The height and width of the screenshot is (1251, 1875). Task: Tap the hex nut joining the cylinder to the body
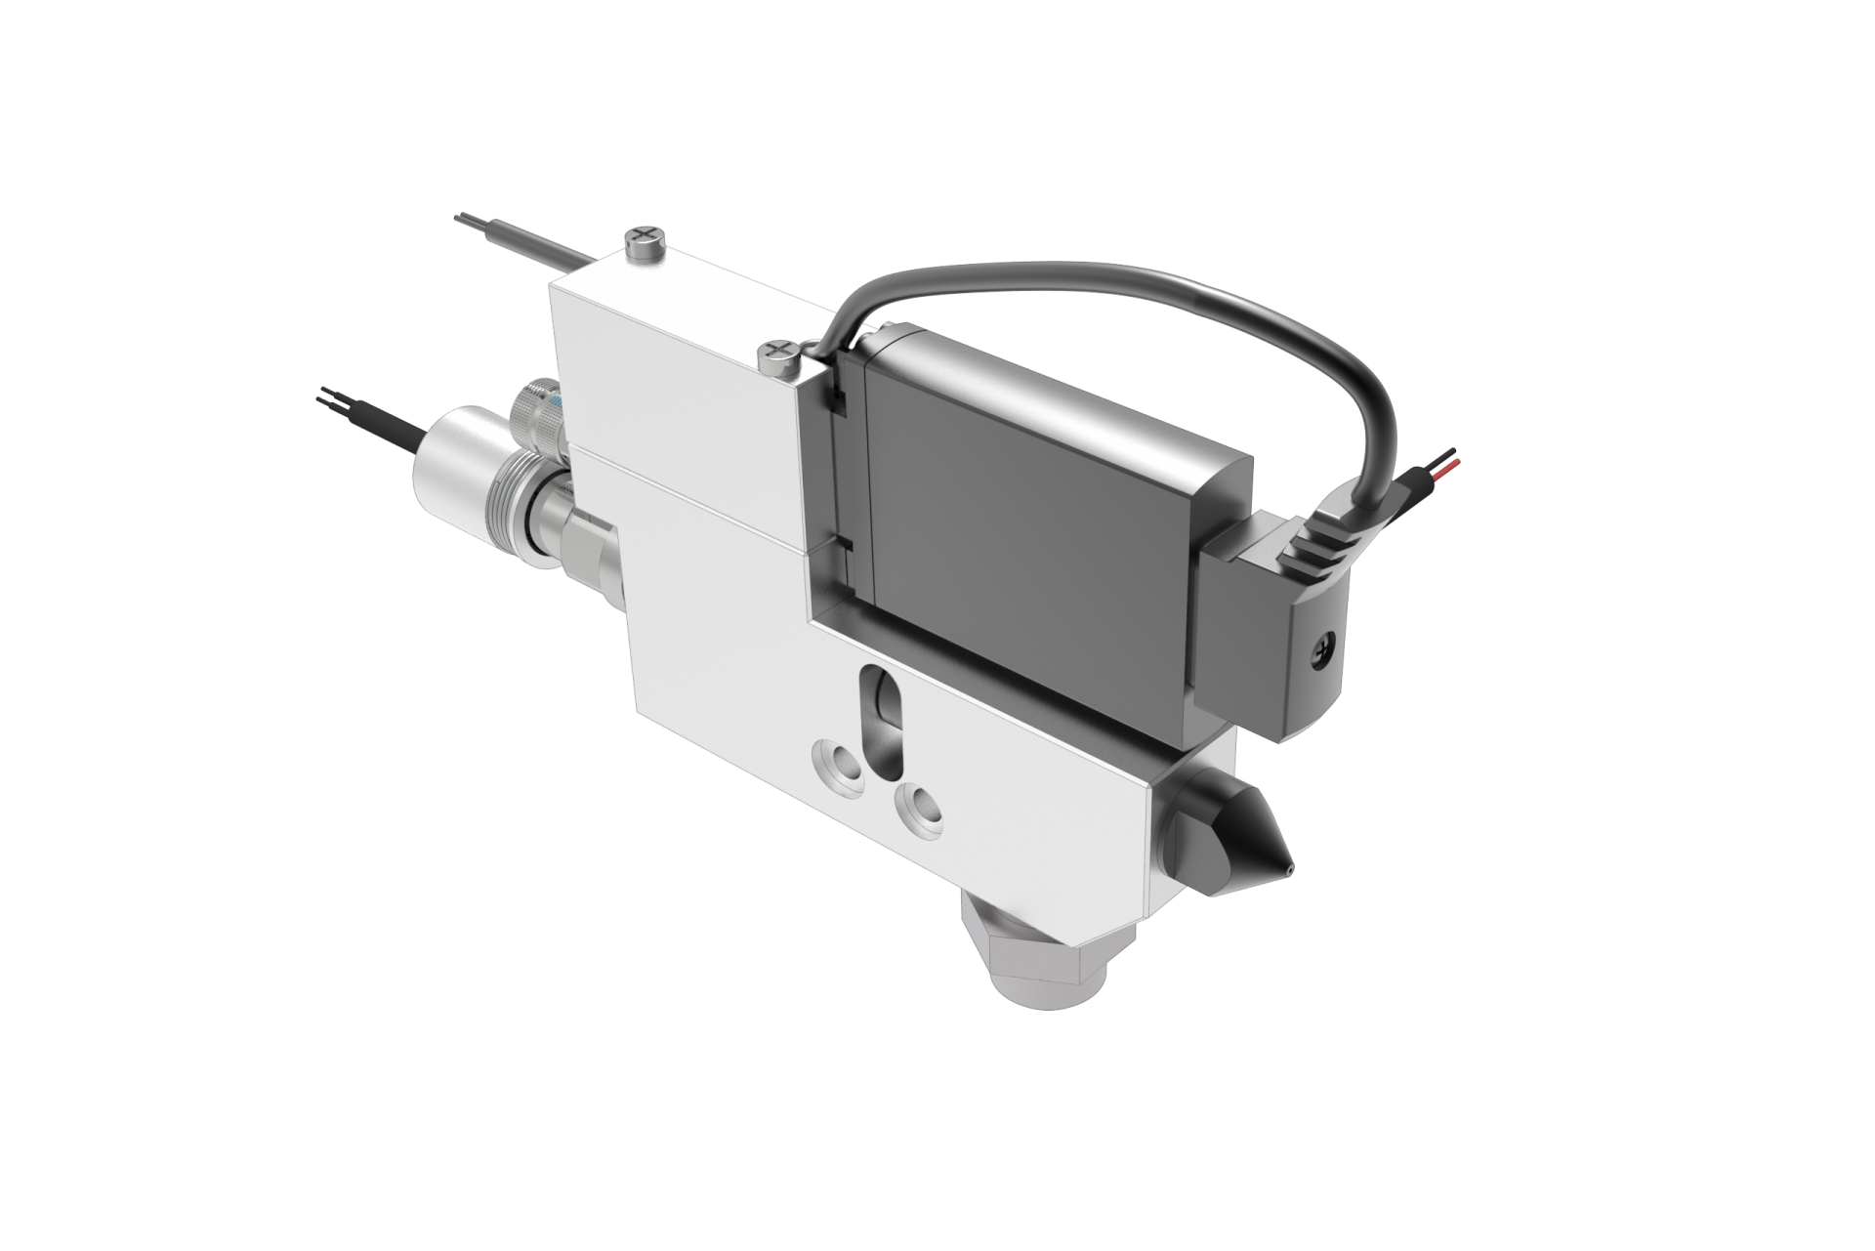click(x=591, y=547)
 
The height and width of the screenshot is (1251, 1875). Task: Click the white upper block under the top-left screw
click(x=664, y=361)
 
